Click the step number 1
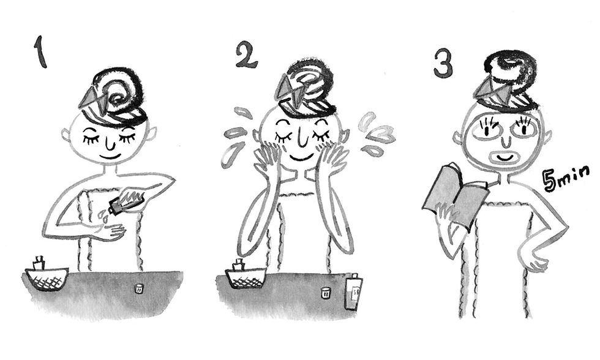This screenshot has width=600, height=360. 40,52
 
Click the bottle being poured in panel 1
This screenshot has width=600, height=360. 126,201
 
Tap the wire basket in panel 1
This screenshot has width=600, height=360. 47,279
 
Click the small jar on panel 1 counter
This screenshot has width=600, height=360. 139,288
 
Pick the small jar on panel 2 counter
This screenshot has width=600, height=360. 326,293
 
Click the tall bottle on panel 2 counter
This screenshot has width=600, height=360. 354,291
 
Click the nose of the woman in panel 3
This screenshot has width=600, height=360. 506,141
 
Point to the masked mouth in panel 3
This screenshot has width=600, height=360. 506,157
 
